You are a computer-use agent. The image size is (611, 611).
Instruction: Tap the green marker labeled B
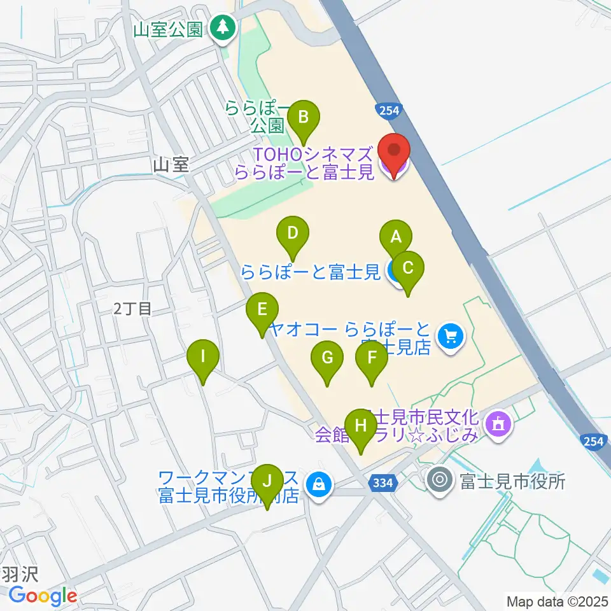tap(304, 118)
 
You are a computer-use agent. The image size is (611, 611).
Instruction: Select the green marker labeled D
tap(292, 233)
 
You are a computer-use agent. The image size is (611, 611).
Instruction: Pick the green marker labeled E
tap(262, 310)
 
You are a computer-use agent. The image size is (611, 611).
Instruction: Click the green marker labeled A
tap(396, 237)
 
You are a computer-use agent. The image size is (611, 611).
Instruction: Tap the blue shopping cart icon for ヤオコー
tap(451, 335)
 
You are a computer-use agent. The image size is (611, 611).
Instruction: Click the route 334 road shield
tap(383, 484)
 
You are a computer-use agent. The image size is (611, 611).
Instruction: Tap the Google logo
tap(43, 596)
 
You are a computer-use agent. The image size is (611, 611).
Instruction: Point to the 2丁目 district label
tap(133, 309)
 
